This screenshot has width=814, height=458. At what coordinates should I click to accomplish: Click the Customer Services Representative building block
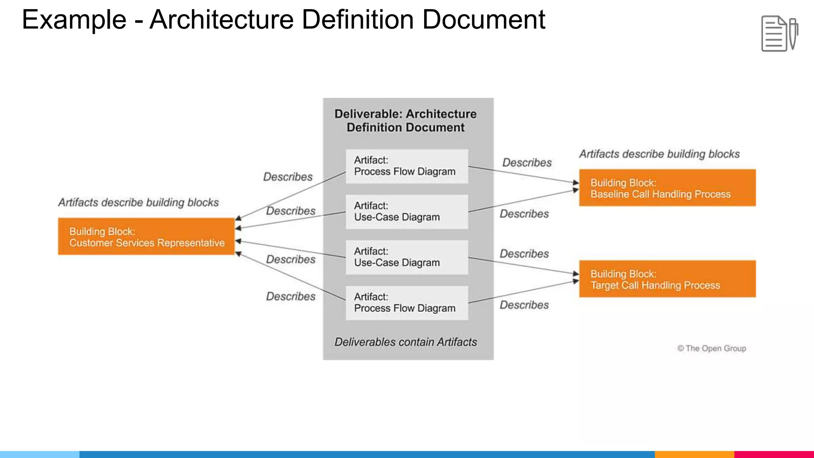[x=146, y=237]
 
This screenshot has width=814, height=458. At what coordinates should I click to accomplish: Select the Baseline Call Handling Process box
[x=667, y=188]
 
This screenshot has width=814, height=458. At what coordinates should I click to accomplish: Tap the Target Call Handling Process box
[x=667, y=279]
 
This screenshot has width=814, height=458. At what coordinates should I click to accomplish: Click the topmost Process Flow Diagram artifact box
[x=407, y=166]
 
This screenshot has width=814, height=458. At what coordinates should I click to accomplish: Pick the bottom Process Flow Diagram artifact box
[x=407, y=303]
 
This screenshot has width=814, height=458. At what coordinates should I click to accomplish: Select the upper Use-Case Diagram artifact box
[x=407, y=212]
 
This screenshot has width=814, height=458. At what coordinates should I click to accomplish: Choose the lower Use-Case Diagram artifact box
[x=407, y=257]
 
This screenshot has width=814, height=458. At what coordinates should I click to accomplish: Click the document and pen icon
[x=779, y=34]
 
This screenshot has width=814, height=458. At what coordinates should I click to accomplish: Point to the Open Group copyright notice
[x=711, y=348]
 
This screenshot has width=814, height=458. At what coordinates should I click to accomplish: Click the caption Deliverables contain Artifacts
[x=405, y=342]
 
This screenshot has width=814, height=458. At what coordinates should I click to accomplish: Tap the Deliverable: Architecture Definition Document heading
[x=405, y=120]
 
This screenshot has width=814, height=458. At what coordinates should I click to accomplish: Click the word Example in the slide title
[x=74, y=20]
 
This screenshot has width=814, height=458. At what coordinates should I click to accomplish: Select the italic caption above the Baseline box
[x=659, y=154]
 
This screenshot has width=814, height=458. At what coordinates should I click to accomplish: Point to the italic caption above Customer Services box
[x=138, y=203]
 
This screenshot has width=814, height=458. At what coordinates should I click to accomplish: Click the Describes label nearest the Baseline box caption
[x=527, y=163]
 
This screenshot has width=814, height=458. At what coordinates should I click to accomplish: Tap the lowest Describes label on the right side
[x=524, y=305]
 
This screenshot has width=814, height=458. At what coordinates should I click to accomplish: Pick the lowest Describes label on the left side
[x=291, y=297]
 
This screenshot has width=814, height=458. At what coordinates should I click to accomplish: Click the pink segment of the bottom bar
[x=774, y=454]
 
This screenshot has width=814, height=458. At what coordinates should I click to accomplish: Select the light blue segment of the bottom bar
[x=40, y=454]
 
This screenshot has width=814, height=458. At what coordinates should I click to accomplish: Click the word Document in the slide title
[x=483, y=20]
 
